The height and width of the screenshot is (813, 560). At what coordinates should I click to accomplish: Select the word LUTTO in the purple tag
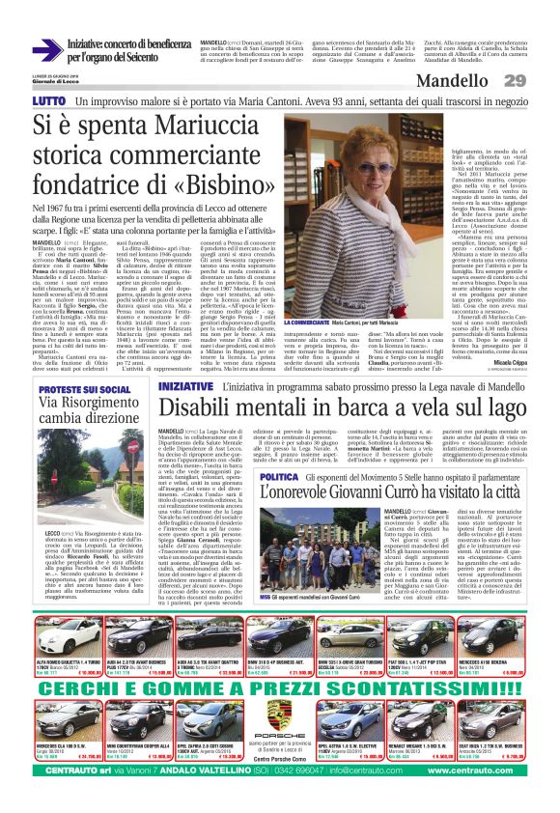pyautogui.click(x=48, y=100)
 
